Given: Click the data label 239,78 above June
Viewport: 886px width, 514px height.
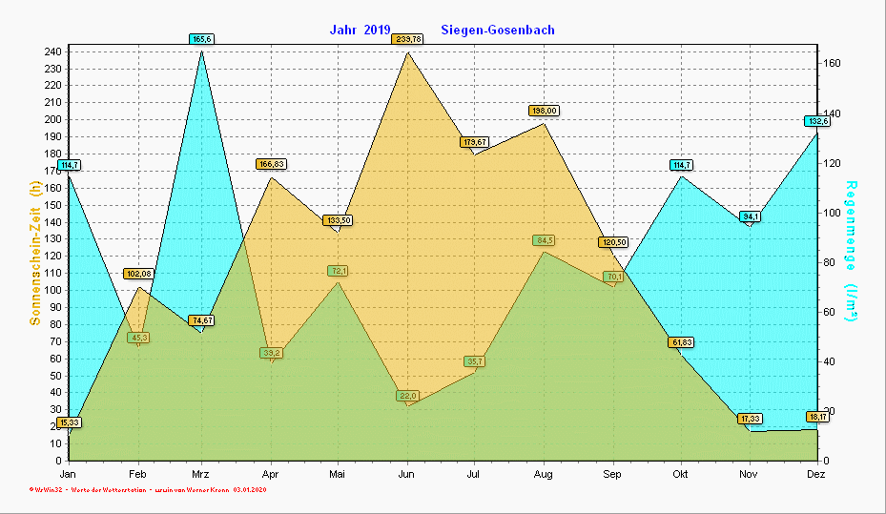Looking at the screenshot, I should (x=407, y=39).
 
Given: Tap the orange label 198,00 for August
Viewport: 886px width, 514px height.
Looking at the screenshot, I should (x=544, y=111).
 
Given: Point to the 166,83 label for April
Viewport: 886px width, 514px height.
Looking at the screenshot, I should (x=272, y=164).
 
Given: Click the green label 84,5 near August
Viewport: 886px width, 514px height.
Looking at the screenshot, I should (x=544, y=240).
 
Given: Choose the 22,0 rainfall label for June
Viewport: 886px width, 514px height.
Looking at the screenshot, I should (x=408, y=396).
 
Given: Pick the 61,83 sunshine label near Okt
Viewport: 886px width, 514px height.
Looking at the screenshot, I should (x=681, y=342).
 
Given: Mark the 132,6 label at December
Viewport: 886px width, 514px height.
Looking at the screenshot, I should (x=817, y=121).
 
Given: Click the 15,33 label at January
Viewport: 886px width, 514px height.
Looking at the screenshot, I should (x=69, y=422).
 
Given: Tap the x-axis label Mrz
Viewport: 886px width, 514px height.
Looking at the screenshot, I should (x=201, y=474).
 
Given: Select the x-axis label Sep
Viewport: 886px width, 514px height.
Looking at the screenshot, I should (x=612, y=474).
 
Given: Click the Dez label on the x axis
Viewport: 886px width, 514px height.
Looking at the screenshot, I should (x=817, y=474).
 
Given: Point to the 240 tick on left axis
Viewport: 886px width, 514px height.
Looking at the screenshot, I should (x=53, y=51).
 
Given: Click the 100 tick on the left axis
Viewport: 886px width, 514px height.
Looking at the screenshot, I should (x=53, y=290).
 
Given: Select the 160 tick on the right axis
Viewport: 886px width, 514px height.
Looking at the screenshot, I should (x=832, y=63).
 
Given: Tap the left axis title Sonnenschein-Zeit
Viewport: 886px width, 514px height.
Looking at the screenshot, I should (x=35, y=253).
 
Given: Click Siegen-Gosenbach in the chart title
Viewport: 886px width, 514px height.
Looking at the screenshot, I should (x=498, y=30).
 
